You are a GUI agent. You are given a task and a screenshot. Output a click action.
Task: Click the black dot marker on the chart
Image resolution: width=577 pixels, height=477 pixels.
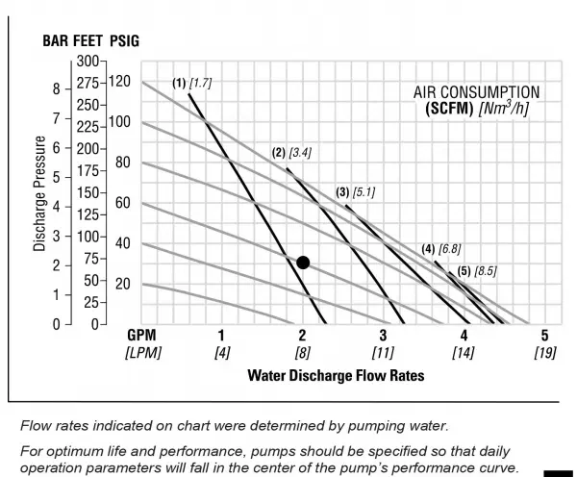coord(303,263)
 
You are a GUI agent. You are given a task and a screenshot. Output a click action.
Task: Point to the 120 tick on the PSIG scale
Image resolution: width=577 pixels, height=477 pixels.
coord(118,82)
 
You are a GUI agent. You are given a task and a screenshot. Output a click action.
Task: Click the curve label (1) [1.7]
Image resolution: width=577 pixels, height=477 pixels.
coord(191,84)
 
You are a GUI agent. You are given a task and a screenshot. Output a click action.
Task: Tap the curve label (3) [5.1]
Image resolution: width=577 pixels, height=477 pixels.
coord(355,192)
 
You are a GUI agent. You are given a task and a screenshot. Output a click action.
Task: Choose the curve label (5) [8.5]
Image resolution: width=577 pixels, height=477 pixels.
coord(476,271)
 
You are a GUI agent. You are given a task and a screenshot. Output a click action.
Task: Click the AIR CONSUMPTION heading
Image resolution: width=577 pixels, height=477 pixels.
coord(477,92)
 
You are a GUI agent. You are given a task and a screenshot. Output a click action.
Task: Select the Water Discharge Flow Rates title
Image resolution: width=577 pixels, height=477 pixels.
coord(336,373)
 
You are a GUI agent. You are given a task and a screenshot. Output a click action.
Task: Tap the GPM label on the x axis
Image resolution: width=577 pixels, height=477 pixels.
coord(142,335)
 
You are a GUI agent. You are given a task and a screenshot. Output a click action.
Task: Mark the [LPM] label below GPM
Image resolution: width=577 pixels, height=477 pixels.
coord(142,352)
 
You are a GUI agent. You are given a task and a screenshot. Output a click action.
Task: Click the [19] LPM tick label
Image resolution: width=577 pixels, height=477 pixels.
coord(544,352)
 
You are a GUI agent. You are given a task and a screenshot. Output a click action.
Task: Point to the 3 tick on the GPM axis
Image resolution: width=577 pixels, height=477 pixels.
coord(383,335)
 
